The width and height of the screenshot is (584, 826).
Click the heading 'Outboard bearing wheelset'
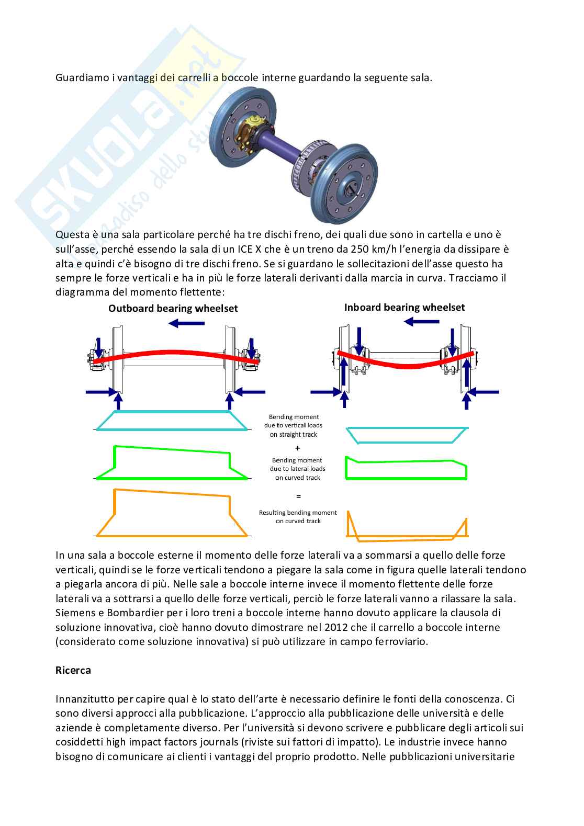click(173, 309)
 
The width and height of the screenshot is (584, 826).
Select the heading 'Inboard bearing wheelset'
click(404, 308)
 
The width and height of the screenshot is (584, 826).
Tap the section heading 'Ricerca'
click(73, 670)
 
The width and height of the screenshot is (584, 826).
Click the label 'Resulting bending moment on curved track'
click(298, 517)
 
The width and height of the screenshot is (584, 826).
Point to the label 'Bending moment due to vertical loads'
click(294, 425)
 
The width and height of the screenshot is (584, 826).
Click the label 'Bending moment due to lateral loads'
click(297, 469)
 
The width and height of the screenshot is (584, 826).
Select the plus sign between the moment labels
click(298, 448)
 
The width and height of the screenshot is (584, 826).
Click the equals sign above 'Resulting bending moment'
click(298, 495)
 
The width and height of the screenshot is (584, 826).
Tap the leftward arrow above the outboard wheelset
click(187, 324)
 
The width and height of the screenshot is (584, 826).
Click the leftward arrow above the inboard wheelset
click(422, 321)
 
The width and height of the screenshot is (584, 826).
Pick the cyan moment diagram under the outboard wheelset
click(172, 421)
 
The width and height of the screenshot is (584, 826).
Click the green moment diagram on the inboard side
click(406, 469)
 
